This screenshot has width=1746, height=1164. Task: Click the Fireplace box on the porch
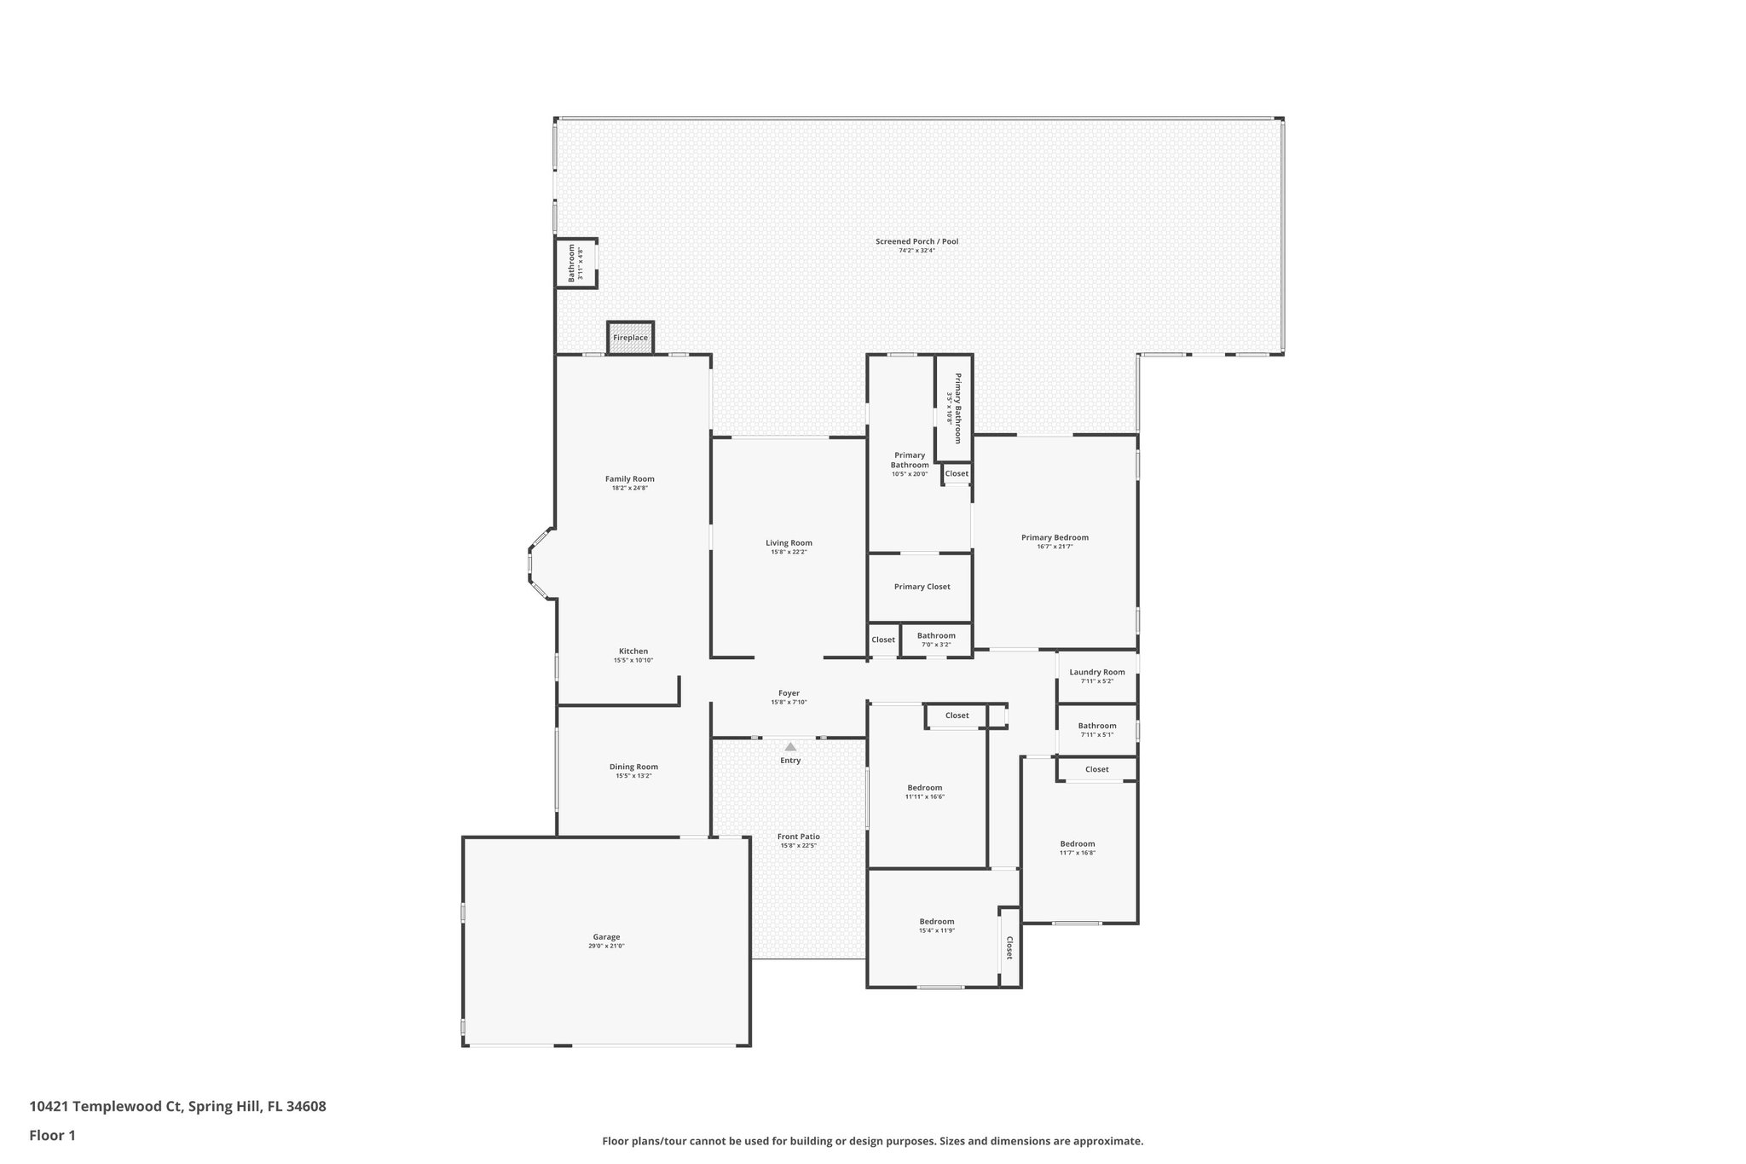pos(630,338)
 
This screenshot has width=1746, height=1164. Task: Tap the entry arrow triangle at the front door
pos(790,747)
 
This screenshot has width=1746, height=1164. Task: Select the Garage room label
pos(606,936)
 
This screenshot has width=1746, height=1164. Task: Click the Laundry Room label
pos(1096,672)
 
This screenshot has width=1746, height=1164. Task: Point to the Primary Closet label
pos(922,587)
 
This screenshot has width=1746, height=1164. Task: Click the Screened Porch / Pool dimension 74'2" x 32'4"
pos(916,251)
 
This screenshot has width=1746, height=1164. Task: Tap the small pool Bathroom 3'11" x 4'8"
pos(576,263)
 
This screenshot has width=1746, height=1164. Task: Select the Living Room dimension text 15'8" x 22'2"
pos(789,552)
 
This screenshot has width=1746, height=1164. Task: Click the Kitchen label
pos(633,651)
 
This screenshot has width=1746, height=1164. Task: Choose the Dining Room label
pos(633,767)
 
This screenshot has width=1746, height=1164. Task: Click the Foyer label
pos(789,693)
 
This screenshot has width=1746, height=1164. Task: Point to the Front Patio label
pos(798,837)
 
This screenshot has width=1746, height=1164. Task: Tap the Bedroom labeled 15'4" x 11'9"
pos(936,922)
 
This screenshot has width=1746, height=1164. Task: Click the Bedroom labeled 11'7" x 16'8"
pos(1078,844)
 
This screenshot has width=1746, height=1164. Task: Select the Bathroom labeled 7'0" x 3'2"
pos(936,636)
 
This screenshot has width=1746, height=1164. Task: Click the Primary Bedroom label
pos(1055,537)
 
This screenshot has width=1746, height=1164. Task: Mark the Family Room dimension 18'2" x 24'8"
pos(630,488)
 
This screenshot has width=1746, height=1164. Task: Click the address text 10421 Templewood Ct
pos(107,1107)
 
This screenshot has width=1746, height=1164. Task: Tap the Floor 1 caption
pos(52,1135)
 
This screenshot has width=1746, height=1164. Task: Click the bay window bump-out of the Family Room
pos(541,563)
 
